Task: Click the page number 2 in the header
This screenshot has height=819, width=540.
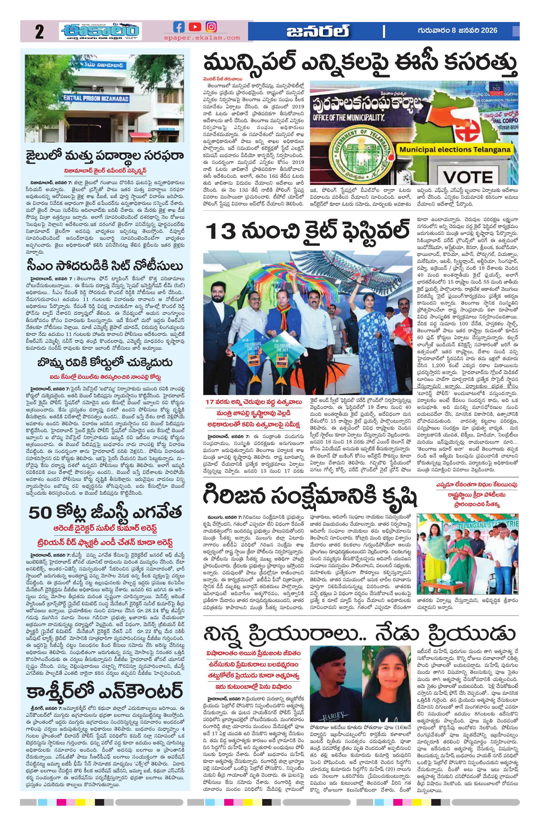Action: click(x=39, y=32)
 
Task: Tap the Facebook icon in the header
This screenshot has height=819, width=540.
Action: click(x=179, y=27)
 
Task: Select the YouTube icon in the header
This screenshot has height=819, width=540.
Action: click(x=195, y=27)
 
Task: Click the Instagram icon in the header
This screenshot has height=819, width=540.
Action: click(x=211, y=27)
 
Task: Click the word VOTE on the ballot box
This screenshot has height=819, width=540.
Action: click(x=468, y=177)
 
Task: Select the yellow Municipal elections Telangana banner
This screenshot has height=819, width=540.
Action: click(x=455, y=150)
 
